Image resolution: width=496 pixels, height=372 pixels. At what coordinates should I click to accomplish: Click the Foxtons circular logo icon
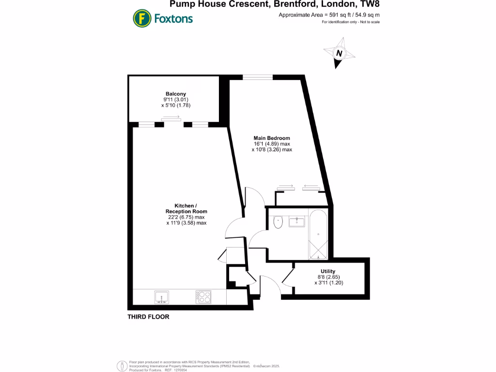[x=142, y=19]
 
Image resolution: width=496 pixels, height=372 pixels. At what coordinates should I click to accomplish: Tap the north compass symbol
[x=340, y=54]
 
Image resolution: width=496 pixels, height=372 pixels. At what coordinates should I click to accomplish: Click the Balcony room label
[x=175, y=93]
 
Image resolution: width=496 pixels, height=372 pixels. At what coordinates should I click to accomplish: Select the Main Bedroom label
[x=272, y=138]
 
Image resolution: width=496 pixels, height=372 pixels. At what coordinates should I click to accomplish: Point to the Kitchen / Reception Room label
[x=186, y=208]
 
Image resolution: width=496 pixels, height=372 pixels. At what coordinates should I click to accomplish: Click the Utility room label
[x=328, y=271]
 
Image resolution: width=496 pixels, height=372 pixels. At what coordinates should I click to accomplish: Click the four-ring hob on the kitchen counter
[x=203, y=296]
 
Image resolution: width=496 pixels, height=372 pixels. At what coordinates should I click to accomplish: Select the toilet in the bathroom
[x=278, y=222]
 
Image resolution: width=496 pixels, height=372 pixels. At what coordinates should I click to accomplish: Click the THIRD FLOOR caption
[x=148, y=317]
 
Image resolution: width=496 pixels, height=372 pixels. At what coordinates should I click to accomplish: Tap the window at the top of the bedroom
[x=258, y=77]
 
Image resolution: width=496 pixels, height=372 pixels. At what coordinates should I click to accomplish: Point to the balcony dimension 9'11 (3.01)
[x=175, y=99]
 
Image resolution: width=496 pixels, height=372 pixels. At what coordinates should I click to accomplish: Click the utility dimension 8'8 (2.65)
[x=328, y=277]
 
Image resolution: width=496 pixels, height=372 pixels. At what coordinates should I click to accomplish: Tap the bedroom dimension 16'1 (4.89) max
[x=272, y=144]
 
